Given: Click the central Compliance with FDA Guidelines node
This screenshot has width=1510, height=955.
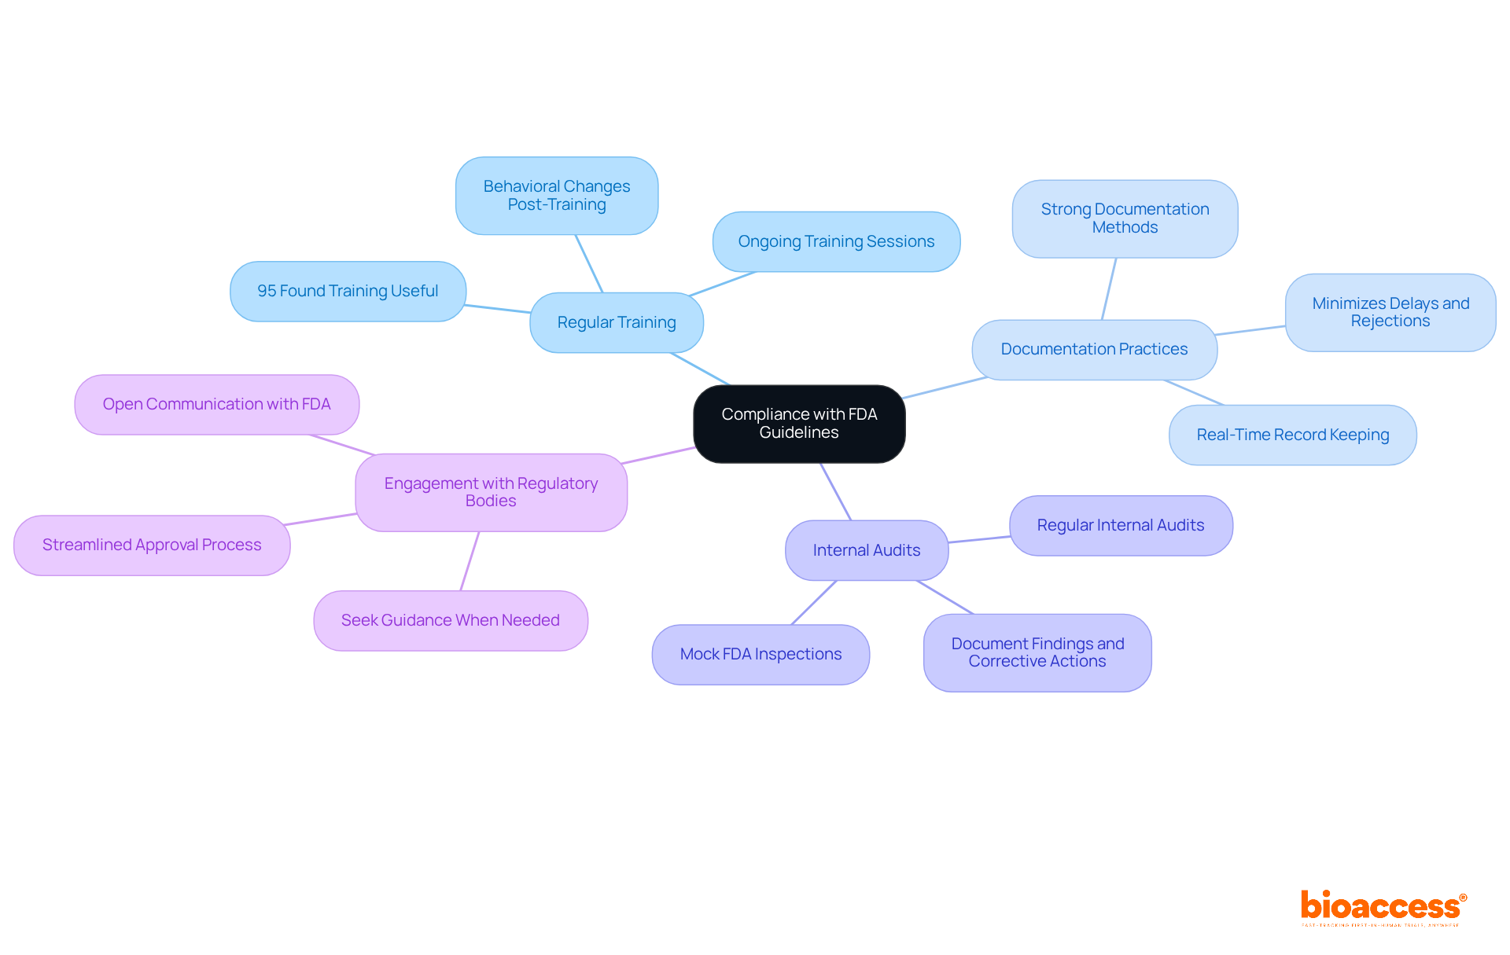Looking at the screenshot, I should coord(799,424).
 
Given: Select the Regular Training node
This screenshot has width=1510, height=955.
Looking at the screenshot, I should coord(617,322).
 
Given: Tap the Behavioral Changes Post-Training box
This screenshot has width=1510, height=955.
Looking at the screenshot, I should coord(557,196).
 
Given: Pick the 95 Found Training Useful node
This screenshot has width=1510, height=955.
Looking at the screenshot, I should coord(348,291).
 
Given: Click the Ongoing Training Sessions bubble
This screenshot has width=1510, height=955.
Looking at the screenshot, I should coord(836,241).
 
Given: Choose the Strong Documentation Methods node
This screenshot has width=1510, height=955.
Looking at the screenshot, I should coord(1125,219).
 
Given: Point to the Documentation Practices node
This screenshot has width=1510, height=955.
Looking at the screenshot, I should coord(1094,349).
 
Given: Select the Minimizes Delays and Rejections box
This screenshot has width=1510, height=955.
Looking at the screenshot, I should coord(1390,312).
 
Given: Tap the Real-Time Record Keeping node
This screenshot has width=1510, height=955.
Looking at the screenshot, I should coord(1292,435).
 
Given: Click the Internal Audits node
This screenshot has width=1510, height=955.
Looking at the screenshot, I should coord(867,550).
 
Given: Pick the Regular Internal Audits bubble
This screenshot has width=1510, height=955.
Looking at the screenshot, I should coord(1121,525).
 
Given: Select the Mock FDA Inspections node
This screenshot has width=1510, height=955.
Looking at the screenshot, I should coord(761,654).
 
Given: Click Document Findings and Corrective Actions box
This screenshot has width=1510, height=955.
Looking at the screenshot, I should coord(1037,652).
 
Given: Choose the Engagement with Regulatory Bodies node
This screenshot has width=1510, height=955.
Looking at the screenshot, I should coord(491,492).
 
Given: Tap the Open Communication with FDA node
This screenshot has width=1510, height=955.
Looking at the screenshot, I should coord(216,404).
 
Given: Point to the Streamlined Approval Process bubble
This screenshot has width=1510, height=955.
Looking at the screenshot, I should coord(152,545).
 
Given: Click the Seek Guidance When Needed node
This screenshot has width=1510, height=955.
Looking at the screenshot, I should coord(451,620).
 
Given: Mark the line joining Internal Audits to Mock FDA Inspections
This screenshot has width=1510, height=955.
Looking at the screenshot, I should coord(814,603).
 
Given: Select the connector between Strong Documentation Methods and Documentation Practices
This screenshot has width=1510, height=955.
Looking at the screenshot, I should coord(1109,288).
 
